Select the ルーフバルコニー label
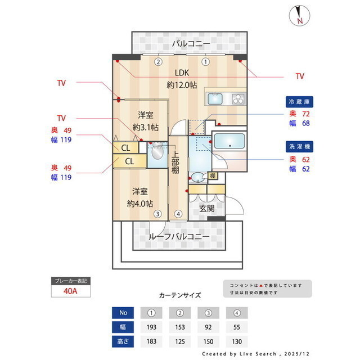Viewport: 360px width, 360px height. [179, 236]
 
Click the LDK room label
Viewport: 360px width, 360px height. [182, 73]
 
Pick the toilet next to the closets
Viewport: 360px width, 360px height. [157, 152]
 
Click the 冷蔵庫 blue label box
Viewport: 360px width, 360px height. [300, 102]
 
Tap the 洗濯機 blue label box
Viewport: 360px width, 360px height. [300, 146]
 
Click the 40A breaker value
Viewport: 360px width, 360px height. [70, 291]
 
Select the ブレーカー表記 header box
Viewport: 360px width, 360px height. [70, 280]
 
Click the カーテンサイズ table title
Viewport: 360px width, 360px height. [179, 295]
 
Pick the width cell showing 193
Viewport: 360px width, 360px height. [151, 326]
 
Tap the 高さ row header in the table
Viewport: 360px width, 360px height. [123, 341]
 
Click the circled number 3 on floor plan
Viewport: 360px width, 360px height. [159, 213]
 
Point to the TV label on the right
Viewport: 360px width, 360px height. [300, 76]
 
